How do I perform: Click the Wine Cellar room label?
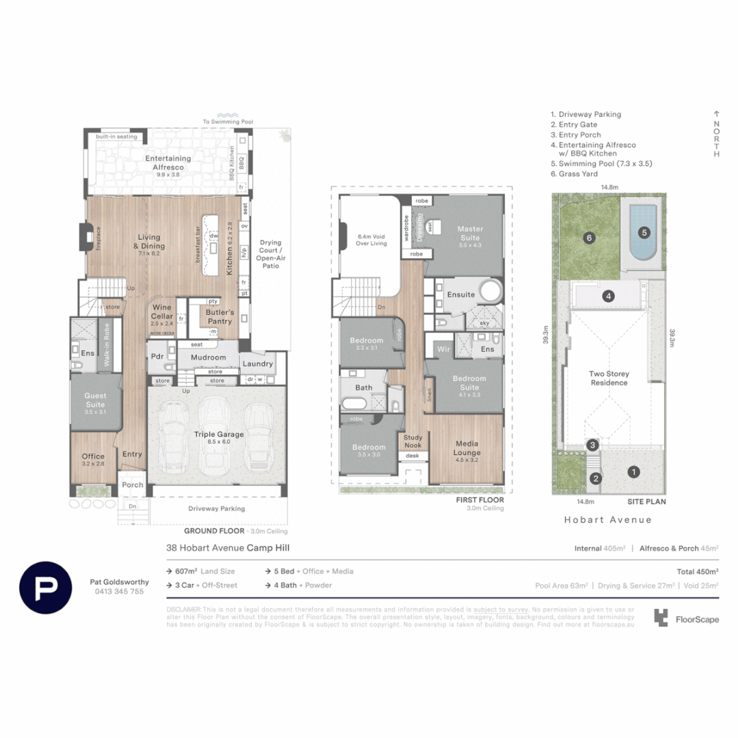coord(162,311)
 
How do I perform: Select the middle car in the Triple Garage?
coord(217,438)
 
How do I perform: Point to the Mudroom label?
coord(208,357)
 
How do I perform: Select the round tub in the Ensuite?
coord(490,292)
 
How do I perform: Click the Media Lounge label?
coord(467,448)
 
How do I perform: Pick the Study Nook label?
coord(413,441)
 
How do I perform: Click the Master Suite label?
coord(471,233)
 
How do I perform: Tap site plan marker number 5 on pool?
coord(644,232)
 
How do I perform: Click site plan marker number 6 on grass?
coord(589,238)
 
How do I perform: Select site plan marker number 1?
coord(633,471)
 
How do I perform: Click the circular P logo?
coord(46,587)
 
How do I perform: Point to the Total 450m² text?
coord(697,571)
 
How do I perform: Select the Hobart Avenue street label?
coord(607,519)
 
